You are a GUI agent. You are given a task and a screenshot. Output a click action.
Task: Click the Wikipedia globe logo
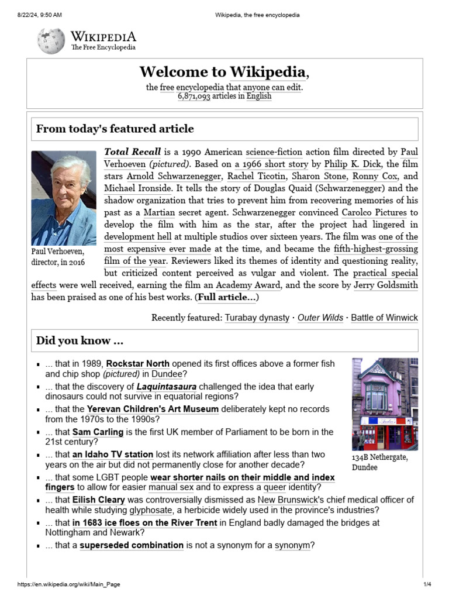[x=51, y=40]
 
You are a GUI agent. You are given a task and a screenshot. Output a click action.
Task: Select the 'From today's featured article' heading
[x=115, y=129]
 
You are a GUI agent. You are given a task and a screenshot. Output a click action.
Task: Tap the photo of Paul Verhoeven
[x=64, y=198]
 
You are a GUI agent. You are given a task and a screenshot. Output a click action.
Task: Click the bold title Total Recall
[x=132, y=152]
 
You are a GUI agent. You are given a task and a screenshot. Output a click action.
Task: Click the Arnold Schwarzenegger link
[x=174, y=176]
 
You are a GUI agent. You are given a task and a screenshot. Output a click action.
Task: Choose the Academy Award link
[x=248, y=285]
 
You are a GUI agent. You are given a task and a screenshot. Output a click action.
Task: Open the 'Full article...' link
[x=227, y=297]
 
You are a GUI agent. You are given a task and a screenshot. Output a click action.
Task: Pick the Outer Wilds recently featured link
[x=321, y=318]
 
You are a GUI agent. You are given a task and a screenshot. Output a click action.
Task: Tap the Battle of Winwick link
[x=384, y=318]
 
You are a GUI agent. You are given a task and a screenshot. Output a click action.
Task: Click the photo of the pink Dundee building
[x=385, y=404]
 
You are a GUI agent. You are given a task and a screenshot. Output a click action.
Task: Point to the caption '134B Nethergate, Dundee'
[x=380, y=462]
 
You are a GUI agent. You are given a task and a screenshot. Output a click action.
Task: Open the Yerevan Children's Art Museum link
[x=153, y=409]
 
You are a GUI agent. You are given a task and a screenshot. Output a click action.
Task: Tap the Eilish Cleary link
[x=99, y=500]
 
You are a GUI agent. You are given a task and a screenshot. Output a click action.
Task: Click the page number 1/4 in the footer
[x=427, y=584]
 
